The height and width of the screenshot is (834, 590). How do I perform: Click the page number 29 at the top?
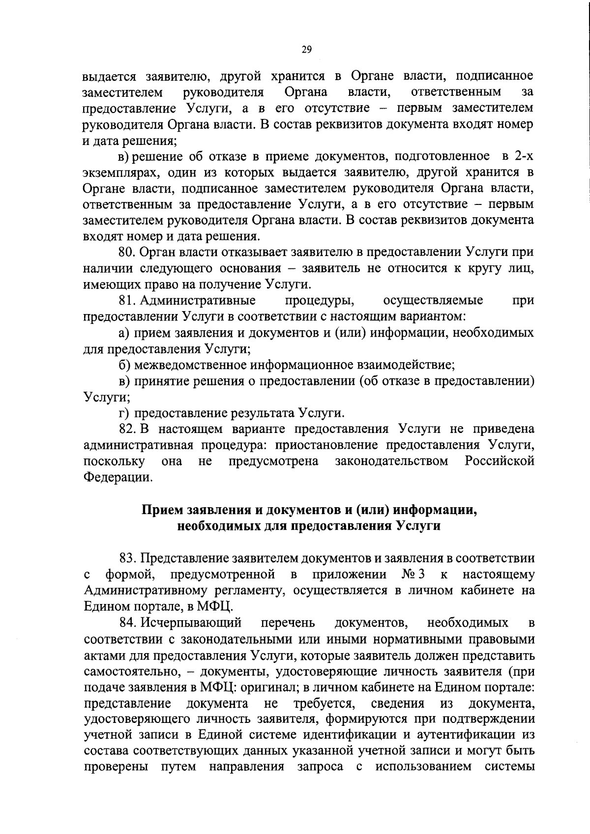(x=306, y=49)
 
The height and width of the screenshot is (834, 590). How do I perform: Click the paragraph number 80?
(x=127, y=252)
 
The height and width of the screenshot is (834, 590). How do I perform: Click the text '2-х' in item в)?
(x=522, y=156)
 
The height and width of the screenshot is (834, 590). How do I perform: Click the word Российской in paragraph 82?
(x=500, y=461)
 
